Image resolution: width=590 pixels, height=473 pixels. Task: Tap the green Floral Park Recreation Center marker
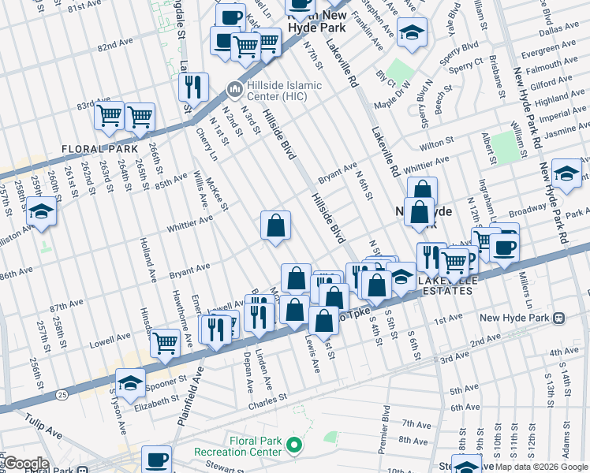[294, 447]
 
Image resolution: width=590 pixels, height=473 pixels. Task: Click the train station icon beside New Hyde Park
[558, 318]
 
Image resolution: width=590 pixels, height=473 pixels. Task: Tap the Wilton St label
[442, 146]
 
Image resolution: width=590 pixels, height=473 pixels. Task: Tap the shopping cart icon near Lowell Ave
[165, 342]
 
